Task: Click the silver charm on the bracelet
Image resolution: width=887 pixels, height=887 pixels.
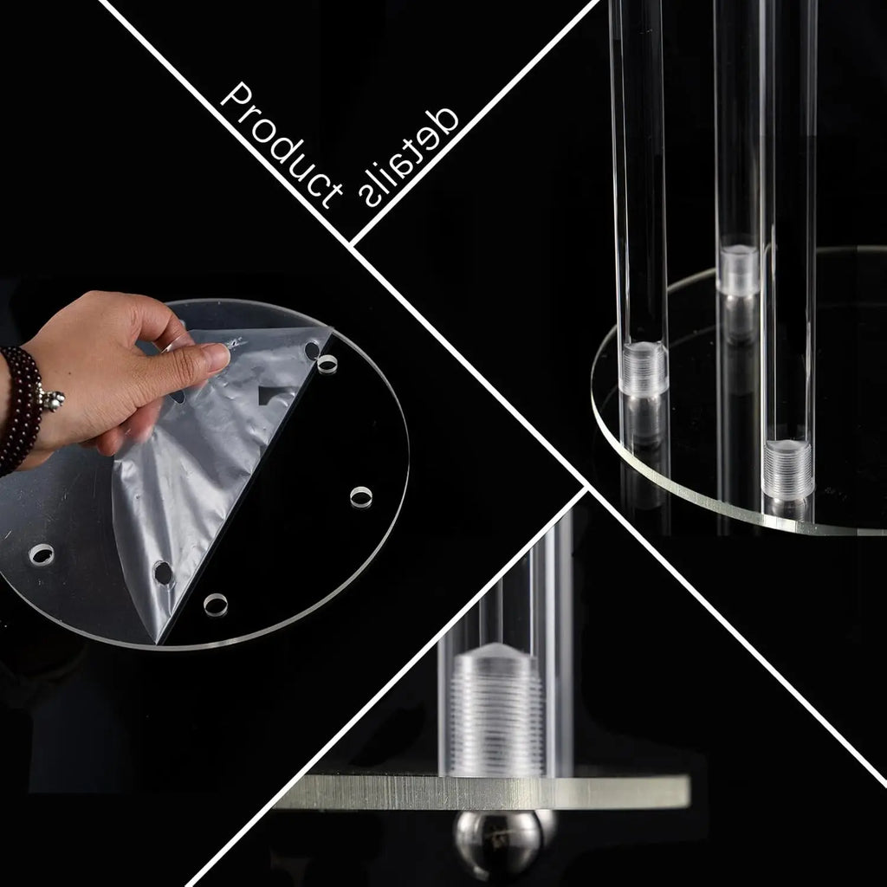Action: click(53, 400)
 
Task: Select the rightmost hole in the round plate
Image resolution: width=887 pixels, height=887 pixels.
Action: click(361, 496)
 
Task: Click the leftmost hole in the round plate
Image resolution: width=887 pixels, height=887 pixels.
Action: click(41, 554)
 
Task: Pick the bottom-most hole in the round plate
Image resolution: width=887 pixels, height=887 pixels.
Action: click(215, 604)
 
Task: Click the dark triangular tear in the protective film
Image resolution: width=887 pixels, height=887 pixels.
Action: click(275, 395)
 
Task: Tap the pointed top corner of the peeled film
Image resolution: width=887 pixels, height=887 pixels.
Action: click(330, 329)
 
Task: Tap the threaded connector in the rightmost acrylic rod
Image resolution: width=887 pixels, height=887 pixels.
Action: click(789, 469)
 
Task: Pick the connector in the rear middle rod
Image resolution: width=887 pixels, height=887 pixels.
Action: click(739, 269)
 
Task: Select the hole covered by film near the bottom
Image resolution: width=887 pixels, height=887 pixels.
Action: click(163, 572)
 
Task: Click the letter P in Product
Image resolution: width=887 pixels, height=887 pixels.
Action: click(235, 94)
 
